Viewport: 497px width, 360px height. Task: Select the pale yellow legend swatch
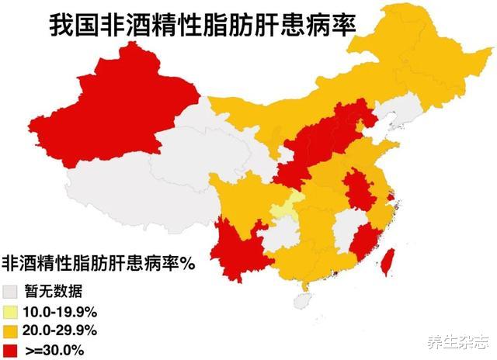click(x=12, y=313)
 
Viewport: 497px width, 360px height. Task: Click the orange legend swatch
click(x=12, y=331)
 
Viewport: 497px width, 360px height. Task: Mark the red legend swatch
click(x=12, y=350)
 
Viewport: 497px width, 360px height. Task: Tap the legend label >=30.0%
click(x=54, y=350)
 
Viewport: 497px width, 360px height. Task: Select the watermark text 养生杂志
click(x=454, y=342)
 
